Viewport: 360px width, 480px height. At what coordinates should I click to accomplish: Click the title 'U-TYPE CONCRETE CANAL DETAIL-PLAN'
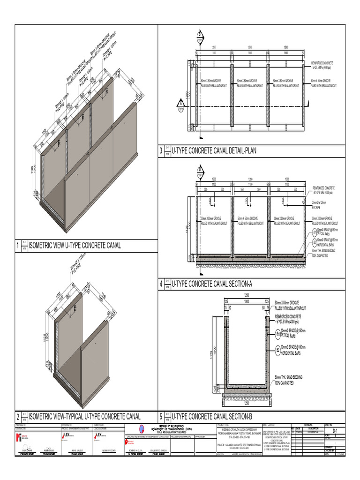click(215, 151)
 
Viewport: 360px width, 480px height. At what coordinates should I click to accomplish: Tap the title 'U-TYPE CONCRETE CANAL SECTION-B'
click(212, 416)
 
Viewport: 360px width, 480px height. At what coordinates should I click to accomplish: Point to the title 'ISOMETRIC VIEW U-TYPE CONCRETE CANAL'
click(75, 245)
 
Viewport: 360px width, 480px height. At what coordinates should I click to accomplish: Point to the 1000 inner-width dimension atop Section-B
click(247, 301)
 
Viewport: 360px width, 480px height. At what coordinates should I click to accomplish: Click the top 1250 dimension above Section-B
click(247, 295)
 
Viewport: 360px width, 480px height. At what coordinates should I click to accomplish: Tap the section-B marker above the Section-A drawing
click(200, 171)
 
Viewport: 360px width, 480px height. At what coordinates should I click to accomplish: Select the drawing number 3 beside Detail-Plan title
click(160, 151)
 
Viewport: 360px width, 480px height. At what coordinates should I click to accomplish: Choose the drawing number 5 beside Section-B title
click(160, 416)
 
